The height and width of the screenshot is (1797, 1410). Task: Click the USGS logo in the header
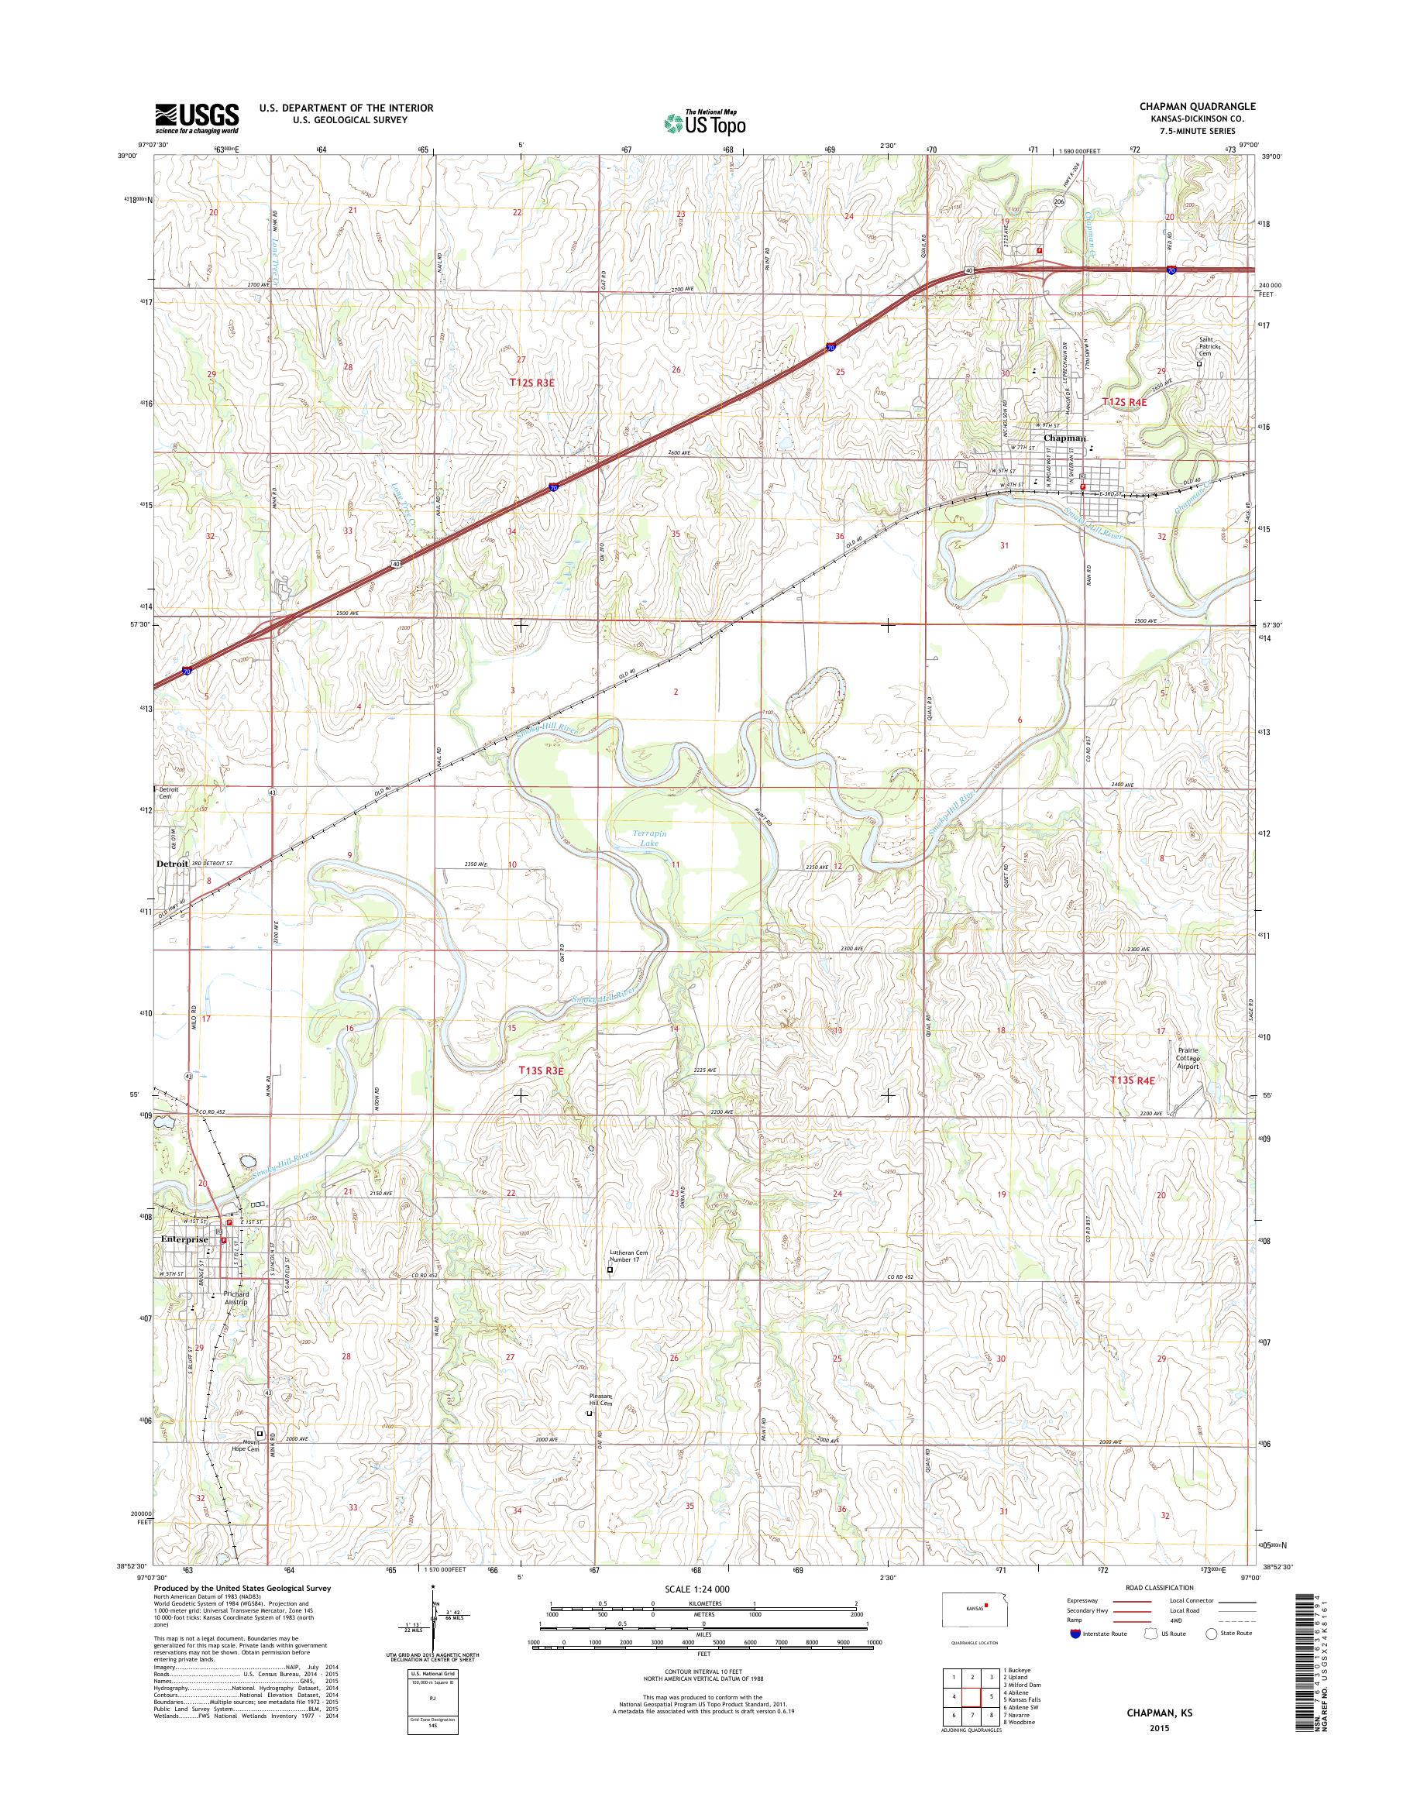pos(197,118)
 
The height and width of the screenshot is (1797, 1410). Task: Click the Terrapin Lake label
pos(646,840)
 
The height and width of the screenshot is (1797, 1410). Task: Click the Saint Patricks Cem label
pos(1211,347)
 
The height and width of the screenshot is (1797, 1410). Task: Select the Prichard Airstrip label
pos(236,1321)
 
